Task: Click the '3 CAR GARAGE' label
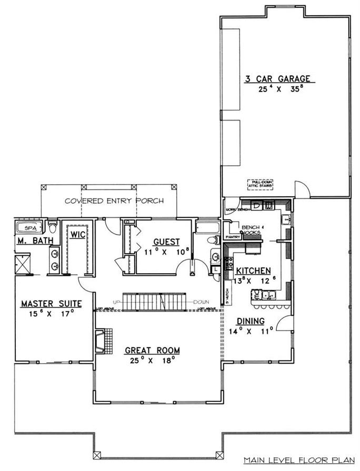(279, 79)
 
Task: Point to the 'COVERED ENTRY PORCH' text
(114, 201)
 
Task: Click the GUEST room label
(166, 242)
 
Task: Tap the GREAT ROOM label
(152, 350)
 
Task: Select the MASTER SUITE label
(51, 304)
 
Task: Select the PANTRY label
(233, 237)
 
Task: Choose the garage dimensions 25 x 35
(279, 90)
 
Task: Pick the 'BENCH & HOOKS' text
(251, 230)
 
